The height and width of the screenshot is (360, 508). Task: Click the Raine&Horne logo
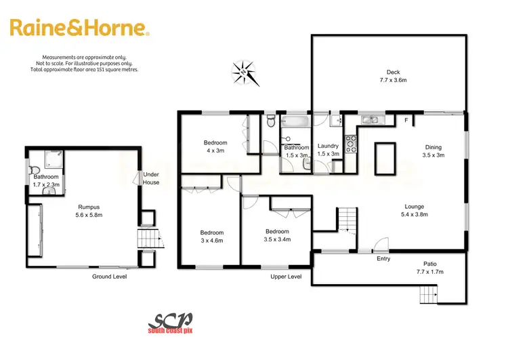[x=79, y=28]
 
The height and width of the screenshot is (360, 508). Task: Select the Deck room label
[x=393, y=75]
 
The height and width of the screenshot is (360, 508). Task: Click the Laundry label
[x=328, y=149]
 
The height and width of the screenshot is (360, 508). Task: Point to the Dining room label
[x=433, y=151]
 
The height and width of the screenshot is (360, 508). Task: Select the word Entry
[x=383, y=258]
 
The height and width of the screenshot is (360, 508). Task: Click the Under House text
[x=150, y=178]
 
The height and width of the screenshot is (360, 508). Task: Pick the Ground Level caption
[x=110, y=277]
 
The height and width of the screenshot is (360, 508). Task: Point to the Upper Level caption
[x=285, y=277]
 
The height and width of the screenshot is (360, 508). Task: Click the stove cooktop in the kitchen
[x=352, y=143]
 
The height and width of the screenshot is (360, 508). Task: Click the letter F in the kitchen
[x=406, y=121]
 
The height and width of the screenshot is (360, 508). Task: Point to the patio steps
[x=428, y=294]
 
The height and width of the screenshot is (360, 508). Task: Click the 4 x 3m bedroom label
[x=215, y=146]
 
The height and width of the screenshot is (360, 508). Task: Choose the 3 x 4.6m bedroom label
[x=211, y=236]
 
